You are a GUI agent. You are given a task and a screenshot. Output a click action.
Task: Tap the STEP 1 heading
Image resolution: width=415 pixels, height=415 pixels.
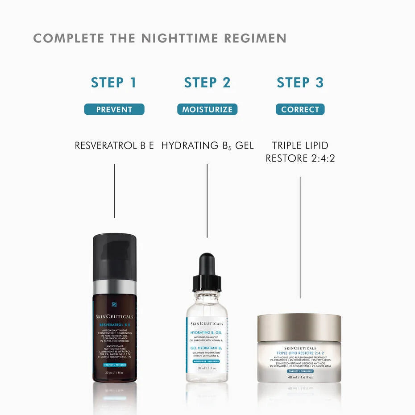[x=113, y=83]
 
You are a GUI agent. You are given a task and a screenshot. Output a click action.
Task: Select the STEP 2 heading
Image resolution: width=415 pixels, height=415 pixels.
[x=207, y=83]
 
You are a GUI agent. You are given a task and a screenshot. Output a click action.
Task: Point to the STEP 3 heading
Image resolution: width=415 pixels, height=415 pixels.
[x=300, y=83]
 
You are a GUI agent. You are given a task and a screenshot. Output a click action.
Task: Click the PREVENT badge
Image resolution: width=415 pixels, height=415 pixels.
[x=114, y=109]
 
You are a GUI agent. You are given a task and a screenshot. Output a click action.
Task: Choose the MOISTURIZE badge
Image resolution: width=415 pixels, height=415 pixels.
[x=207, y=109]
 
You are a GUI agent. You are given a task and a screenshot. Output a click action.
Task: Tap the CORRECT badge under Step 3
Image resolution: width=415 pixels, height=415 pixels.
[x=300, y=109]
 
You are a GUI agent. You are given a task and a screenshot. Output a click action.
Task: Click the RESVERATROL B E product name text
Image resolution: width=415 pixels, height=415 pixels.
[x=114, y=145]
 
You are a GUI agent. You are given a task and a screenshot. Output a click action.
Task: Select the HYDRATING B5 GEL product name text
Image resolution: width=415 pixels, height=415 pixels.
[x=207, y=145]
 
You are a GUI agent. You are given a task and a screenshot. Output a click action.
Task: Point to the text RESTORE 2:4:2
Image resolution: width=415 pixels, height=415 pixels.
[x=300, y=158]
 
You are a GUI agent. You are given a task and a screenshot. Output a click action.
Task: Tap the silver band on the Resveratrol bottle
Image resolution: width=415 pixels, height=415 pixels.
[x=114, y=287]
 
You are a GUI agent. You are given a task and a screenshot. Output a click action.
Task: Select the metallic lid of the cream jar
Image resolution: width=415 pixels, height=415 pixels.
[x=299, y=327]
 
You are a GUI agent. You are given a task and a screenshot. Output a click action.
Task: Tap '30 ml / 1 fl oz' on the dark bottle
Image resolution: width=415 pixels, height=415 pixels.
[x=114, y=372]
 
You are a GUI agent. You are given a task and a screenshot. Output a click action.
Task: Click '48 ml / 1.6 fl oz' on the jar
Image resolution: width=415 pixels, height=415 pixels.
[x=299, y=377]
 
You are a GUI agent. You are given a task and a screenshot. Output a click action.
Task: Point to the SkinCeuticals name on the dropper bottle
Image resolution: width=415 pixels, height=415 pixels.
[x=207, y=323]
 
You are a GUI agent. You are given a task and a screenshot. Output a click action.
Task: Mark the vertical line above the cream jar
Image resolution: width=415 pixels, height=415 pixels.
[x=300, y=237]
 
